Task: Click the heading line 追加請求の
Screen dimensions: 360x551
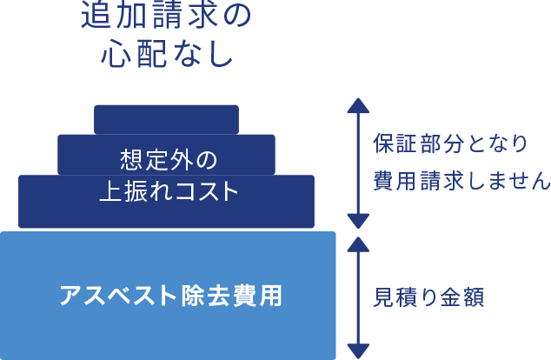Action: point(165,17)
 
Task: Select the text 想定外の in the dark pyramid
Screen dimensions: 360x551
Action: point(166,160)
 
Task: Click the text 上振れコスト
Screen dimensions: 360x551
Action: point(166,191)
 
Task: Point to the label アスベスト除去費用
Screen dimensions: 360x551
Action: point(170,296)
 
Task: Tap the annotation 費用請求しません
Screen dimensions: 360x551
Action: point(461,181)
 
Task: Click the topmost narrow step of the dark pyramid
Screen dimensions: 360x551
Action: point(166,118)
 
